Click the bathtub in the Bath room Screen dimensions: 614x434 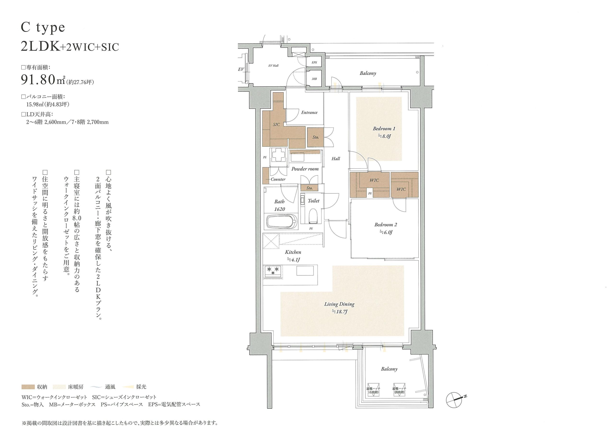tap(281, 221)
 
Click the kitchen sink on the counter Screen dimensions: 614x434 tap(305, 271)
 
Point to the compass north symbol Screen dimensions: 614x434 tap(455, 399)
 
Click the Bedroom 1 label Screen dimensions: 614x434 tap(384, 129)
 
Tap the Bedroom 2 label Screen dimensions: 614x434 tap(386, 225)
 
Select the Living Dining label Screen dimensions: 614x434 tap(339, 304)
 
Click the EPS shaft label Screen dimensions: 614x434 tap(314, 63)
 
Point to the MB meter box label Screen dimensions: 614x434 tap(314, 79)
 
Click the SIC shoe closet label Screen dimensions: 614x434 tap(276, 125)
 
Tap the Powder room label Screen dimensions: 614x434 tap(305, 169)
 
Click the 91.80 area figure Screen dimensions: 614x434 tap(38, 80)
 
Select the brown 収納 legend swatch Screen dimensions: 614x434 tap(28, 387)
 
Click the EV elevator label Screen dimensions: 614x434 tap(241, 69)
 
